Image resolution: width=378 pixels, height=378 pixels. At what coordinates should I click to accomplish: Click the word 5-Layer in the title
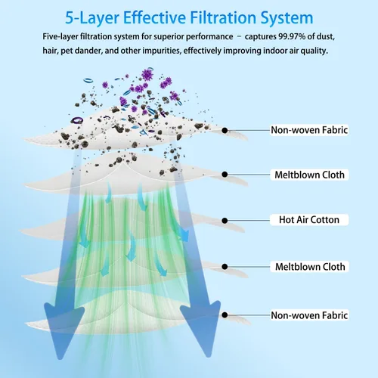coord(92,17)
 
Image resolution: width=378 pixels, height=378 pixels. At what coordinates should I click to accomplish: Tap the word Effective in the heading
coord(154,17)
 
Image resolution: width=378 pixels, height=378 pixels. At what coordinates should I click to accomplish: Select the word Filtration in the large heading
coord(223,17)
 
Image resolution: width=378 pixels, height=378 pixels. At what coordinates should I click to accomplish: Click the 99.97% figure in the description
coord(292,36)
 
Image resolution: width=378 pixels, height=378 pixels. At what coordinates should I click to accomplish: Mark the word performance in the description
coord(209,37)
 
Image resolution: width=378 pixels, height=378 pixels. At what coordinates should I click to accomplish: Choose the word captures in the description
coord(261,37)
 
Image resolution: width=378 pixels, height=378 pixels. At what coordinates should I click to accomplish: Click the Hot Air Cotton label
coord(309,220)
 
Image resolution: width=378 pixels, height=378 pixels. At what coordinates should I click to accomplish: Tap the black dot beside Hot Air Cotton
coord(225,221)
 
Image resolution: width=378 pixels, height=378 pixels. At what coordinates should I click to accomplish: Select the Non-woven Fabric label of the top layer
coord(309,130)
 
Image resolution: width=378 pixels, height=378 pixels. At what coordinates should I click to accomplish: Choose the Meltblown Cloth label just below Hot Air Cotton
coord(310,267)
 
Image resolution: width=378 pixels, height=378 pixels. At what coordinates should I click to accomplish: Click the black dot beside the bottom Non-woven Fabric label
coord(225,315)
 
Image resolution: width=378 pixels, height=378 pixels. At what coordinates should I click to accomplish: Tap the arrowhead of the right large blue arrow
coord(203,327)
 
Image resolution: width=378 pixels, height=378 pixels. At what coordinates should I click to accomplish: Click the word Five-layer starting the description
coord(60,37)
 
